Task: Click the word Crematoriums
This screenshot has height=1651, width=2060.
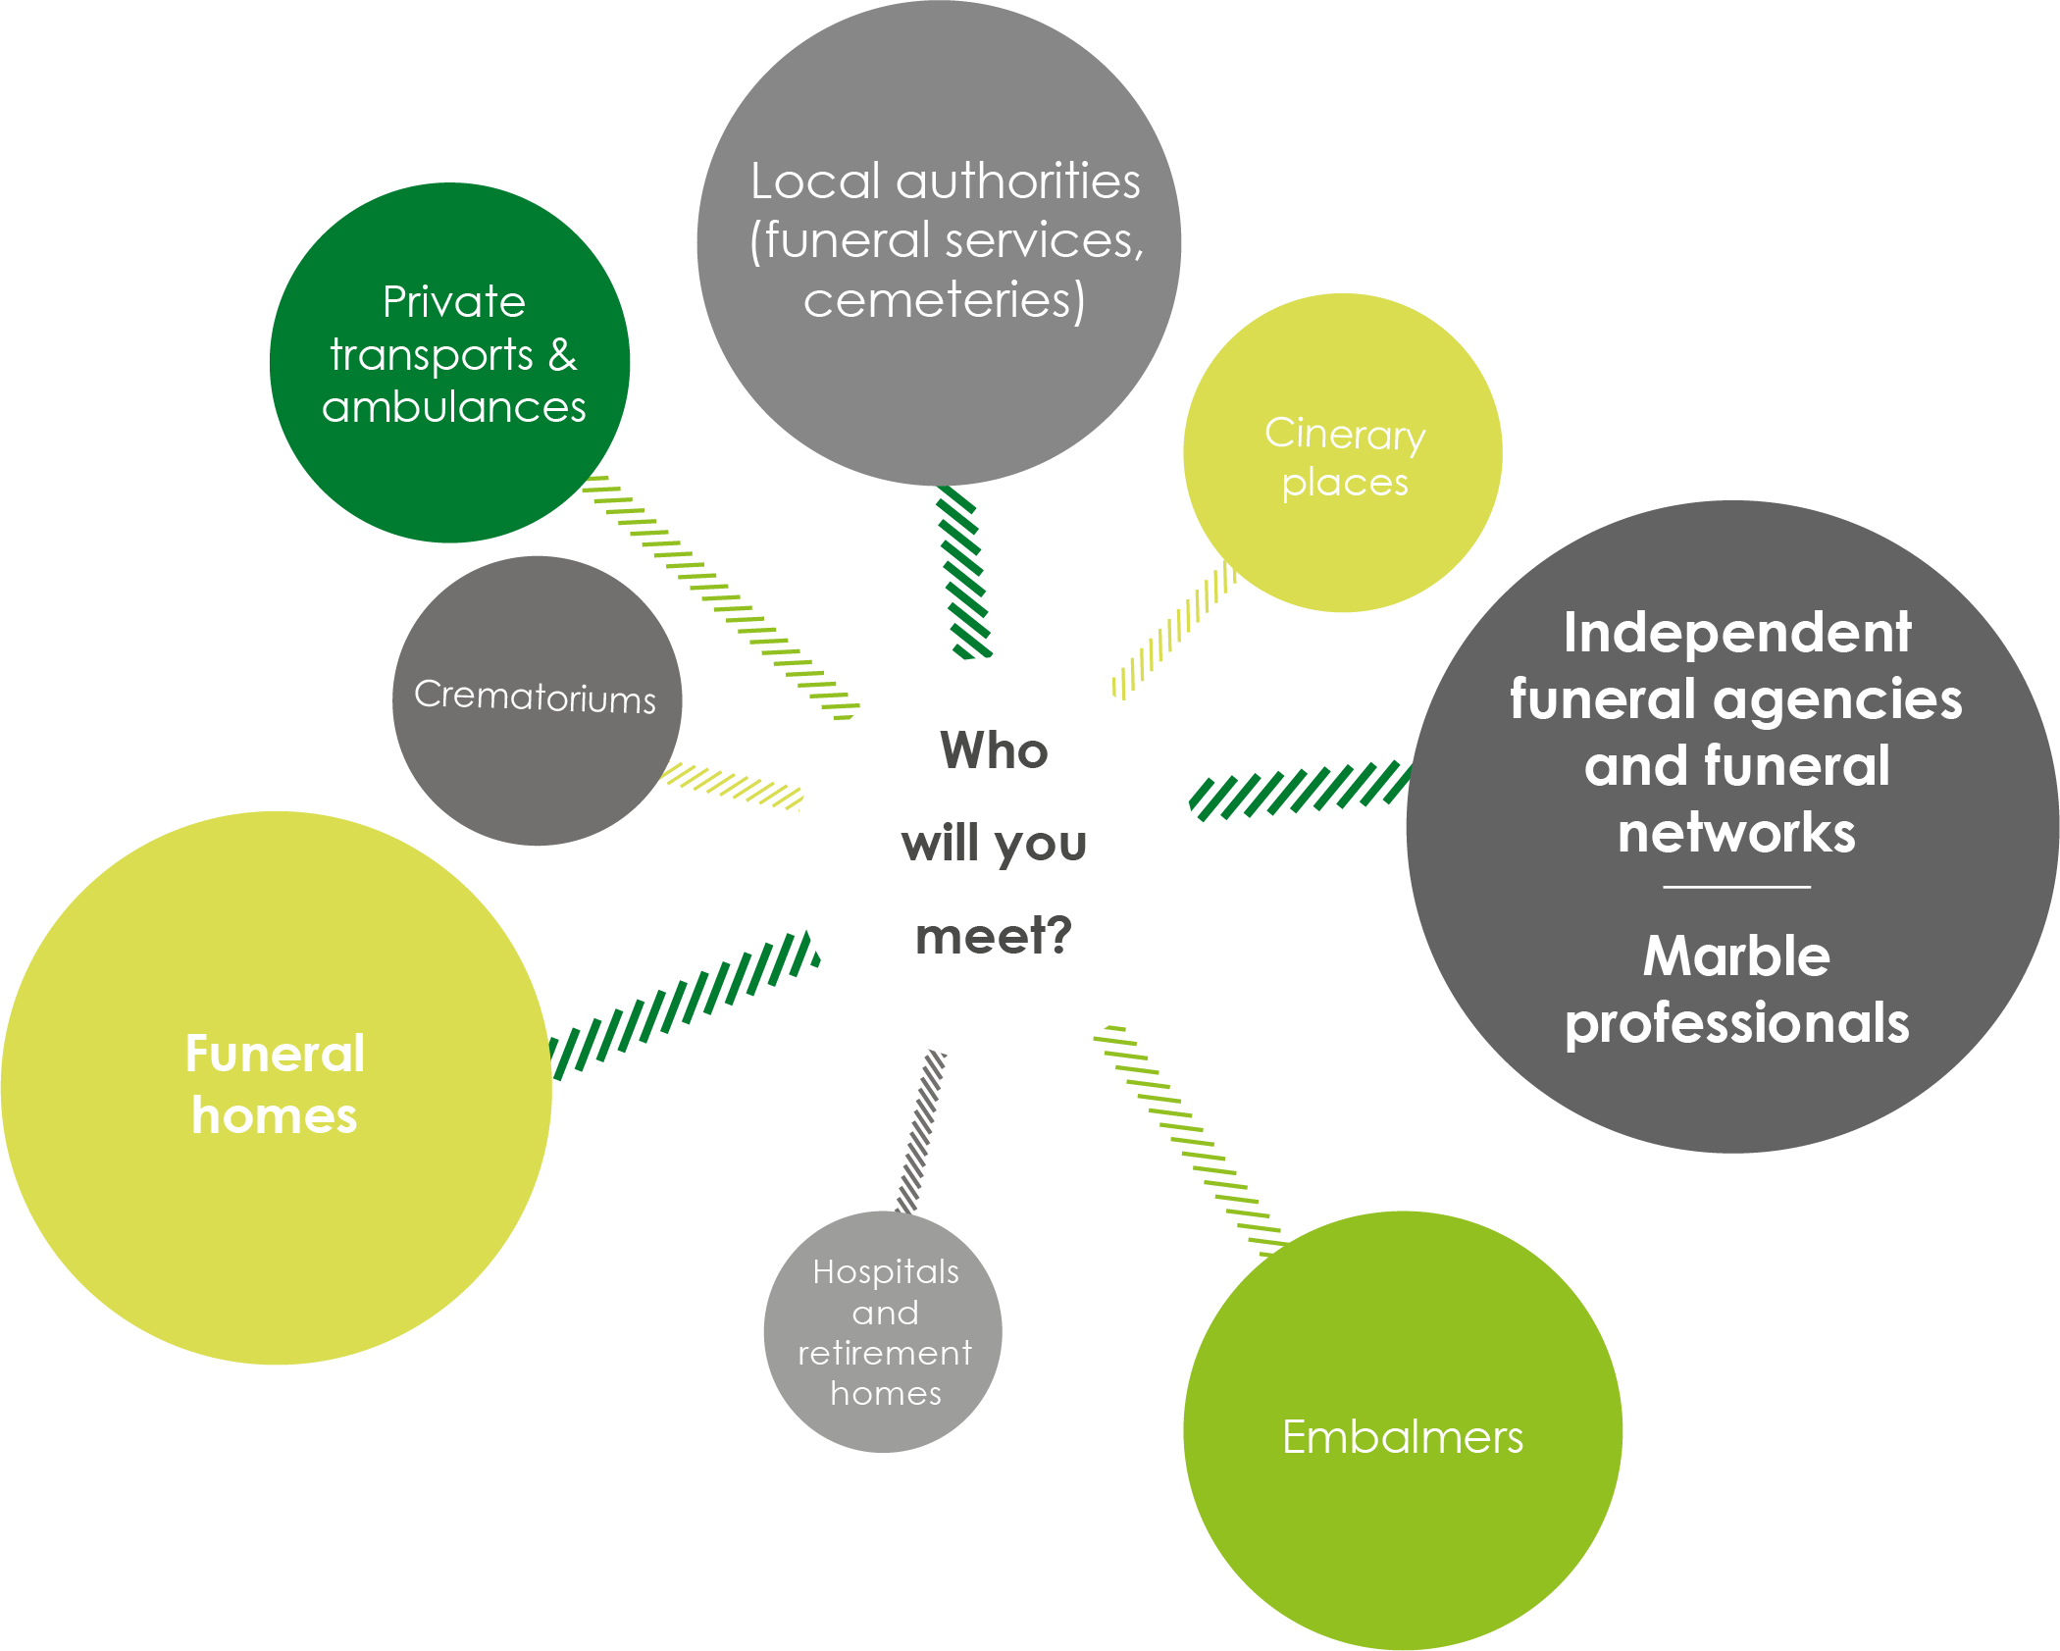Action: tap(535, 697)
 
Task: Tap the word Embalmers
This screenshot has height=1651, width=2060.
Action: tap(1403, 1437)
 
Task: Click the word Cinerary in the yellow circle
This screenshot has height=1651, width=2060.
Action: tap(1344, 434)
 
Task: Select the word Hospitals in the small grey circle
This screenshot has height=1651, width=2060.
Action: tap(886, 1271)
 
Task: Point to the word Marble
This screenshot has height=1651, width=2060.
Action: tap(1736, 955)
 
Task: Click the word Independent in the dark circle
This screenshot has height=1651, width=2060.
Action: tap(1736, 633)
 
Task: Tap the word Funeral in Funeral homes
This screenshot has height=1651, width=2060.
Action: tap(275, 1055)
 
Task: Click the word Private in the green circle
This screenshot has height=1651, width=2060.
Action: tap(454, 301)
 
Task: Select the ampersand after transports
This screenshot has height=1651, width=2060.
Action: tap(562, 354)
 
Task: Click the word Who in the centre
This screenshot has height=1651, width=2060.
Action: tap(994, 750)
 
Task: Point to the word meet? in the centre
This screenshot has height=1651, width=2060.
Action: tap(994, 935)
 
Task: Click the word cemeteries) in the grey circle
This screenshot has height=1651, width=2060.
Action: tap(944, 300)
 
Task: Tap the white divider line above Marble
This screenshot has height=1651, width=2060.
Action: tap(1736, 887)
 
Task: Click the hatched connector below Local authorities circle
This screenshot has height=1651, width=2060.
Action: tap(963, 572)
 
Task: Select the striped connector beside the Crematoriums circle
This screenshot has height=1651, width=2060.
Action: tap(734, 786)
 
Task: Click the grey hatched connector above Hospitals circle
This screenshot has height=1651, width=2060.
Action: tap(921, 1130)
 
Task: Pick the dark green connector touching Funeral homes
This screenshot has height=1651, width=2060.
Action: tap(685, 1005)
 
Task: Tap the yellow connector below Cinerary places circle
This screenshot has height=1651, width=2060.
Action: tap(1172, 630)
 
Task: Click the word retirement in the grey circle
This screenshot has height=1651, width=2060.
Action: tap(885, 1354)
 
